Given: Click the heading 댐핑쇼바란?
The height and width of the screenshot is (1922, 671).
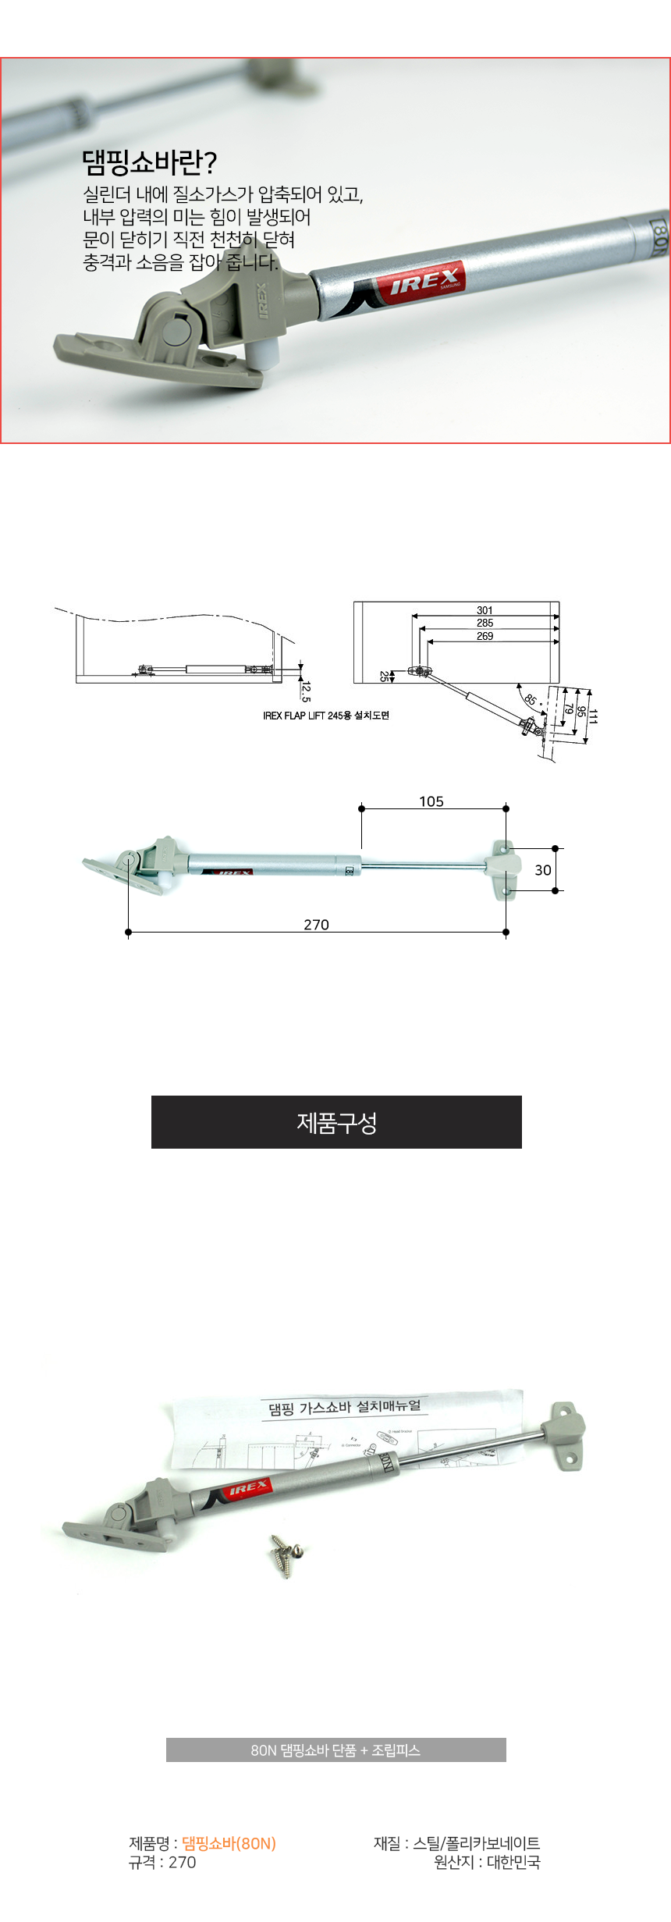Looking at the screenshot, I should click(149, 162).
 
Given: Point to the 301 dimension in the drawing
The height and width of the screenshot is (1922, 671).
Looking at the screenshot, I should click(485, 610).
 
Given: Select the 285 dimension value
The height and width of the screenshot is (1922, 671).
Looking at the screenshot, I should click(485, 623).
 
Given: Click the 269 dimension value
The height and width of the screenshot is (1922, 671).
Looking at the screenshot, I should click(485, 636).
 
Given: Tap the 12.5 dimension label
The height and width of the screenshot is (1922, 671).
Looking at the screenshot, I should click(306, 691).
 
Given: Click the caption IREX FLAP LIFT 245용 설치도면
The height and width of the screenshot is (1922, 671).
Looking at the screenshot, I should click(325, 716).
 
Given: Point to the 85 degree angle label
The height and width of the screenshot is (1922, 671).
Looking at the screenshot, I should click(531, 700).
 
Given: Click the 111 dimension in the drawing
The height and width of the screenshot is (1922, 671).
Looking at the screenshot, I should click(593, 716).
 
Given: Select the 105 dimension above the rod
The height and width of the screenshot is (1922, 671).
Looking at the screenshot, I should click(431, 801).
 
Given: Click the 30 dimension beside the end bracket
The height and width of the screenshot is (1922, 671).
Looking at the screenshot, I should click(543, 870).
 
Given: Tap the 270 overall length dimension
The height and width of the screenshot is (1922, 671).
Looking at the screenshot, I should click(316, 925).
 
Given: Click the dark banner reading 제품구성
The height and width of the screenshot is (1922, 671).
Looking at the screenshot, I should click(336, 1122).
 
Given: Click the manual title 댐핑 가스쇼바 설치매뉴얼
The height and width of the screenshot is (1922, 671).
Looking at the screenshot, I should click(345, 1407).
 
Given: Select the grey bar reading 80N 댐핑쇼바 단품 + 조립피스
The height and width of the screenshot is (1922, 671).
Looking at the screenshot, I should click(335, 1750).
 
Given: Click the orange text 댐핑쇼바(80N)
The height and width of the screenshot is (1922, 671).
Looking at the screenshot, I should click(229, 1843).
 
